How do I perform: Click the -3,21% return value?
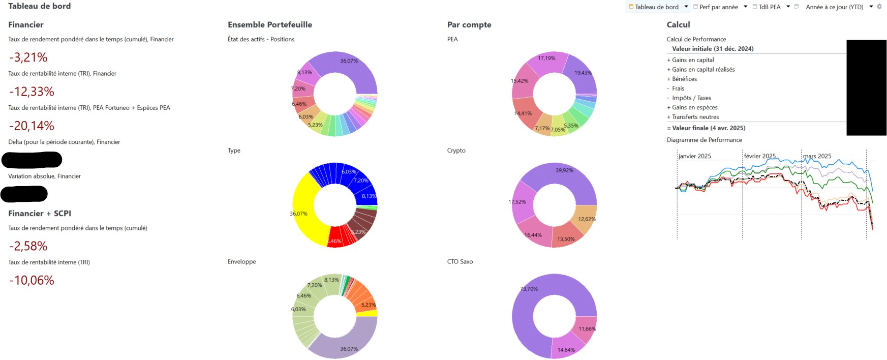click(x=28, y=57)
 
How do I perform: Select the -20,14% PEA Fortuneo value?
click(x=32, y=126)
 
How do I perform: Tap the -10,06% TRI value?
click(x=32, y=280)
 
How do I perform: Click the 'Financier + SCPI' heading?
click(x=40, y=214)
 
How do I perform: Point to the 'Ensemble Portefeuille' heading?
click(x=269, y=25)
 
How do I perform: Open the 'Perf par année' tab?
click(x=718, y=7)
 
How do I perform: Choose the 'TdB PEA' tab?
click(x=769, y=7)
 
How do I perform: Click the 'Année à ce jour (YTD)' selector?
click(x=834, y=7)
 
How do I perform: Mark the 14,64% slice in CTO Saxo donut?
click(x=566, y=348)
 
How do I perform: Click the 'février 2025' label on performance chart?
click(x=759, y=156)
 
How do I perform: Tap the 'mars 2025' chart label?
click(x=817, y=156)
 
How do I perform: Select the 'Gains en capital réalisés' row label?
click(x=703, y=70)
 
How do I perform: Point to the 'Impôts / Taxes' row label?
click(x=691, y=98)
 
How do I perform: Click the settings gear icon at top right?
click(x=879, y=7)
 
